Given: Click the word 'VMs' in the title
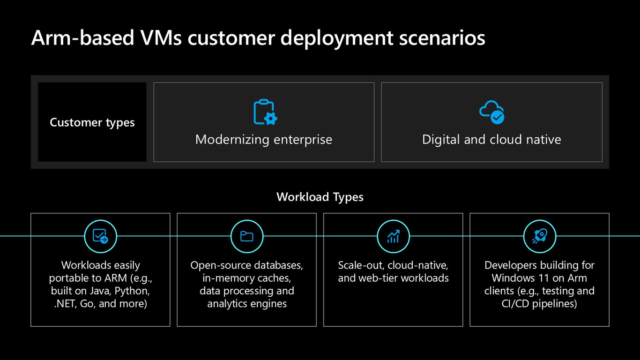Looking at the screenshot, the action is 161,38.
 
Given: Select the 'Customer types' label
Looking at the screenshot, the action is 92,122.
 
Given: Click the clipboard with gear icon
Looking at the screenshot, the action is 265,112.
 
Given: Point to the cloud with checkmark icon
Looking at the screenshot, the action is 492,112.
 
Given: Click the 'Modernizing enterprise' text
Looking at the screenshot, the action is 264,140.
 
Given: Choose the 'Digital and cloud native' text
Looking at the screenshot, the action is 491,140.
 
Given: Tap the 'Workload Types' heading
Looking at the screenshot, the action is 320,197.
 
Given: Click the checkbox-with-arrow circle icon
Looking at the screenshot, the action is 101,236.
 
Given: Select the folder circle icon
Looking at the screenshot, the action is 247,236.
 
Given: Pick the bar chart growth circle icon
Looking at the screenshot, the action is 393,236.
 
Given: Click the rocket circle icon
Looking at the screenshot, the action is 540,236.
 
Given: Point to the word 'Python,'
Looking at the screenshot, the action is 132,291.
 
